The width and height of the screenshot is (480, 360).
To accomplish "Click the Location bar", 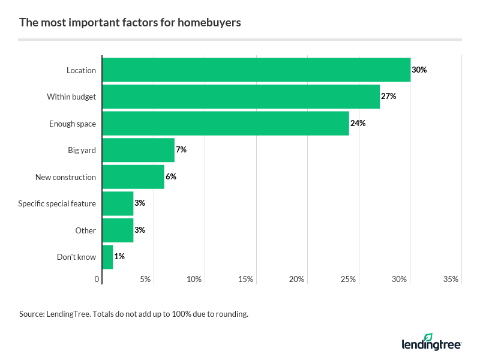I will (x=256, y=70).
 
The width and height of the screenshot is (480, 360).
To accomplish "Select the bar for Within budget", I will (x=241, y=97).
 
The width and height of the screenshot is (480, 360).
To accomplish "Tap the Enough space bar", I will (x=226, y=123).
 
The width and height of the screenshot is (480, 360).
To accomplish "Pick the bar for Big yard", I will (x=138, y=150).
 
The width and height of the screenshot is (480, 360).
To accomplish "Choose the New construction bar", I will (x=133, y=177).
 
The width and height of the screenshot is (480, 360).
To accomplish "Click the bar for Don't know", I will (x=107, y=257).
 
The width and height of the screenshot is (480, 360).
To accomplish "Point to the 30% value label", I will (x=419, y=70).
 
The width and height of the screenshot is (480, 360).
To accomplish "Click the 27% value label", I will (x=388, y=97).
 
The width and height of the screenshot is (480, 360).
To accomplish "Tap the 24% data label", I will (x=358, y=123).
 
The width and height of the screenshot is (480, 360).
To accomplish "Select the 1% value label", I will (x=119, y=257).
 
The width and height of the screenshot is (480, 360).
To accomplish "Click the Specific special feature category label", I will (x=57, y=203).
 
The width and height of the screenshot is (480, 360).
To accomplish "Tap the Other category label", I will (x=85, y=230).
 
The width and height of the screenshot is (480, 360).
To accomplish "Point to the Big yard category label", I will (x=82, y=150).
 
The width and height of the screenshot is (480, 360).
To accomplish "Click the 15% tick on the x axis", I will (x=245, y=280).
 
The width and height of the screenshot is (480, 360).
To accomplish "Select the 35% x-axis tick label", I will (x=451, y=280).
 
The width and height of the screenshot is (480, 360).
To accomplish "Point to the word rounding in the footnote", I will (x=231, y=314).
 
